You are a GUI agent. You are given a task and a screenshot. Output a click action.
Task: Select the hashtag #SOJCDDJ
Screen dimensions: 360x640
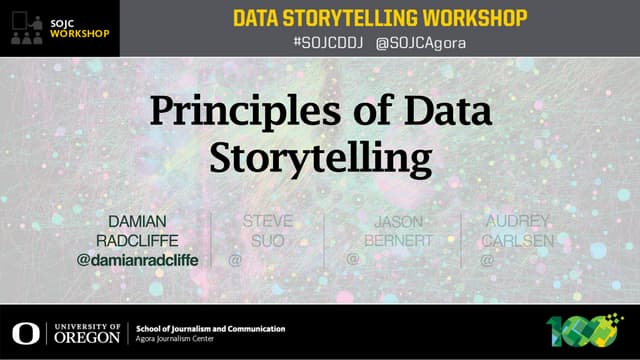328,43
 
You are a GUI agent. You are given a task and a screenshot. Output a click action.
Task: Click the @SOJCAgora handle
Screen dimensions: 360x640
420,43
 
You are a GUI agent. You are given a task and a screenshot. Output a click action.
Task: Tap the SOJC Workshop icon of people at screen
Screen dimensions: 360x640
25,28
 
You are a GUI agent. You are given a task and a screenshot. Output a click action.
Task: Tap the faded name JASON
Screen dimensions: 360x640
397,221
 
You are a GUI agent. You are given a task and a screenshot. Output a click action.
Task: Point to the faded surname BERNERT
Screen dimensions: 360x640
397,241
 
